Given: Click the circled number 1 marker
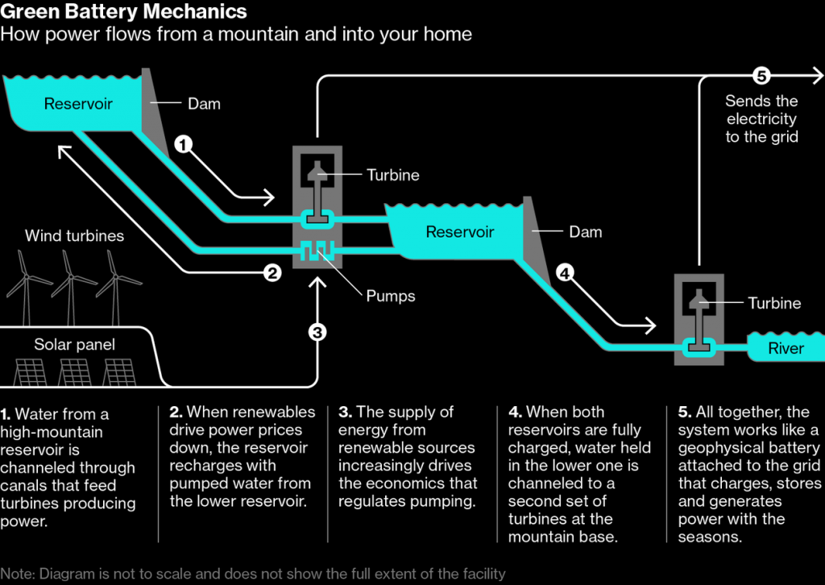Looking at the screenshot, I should [x=184, y=145].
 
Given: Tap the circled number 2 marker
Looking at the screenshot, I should [x=272, y=273].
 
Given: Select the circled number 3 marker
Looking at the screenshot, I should [x=317, y=331].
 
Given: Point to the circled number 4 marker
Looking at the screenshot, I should [x=566, y=274].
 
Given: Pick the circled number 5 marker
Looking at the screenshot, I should [x=761, y=77].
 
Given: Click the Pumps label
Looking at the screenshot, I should [x=391, y=296].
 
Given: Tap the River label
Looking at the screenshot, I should [x=786, y=348].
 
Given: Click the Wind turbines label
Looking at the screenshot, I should [x=74, y=236].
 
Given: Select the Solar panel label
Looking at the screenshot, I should [x=74, y=345].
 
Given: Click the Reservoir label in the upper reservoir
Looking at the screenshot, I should [x=78, y=103].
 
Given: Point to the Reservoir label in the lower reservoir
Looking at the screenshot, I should [x=459, y=232].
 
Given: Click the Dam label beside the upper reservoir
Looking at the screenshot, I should [x=204, y=103].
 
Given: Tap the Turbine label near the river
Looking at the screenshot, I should [x=774, y=303].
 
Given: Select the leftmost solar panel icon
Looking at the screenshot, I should [x=31, y=372].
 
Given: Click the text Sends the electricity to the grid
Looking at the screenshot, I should [x=761, y=119].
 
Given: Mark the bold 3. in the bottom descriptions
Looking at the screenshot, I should [x=345, y=413].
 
